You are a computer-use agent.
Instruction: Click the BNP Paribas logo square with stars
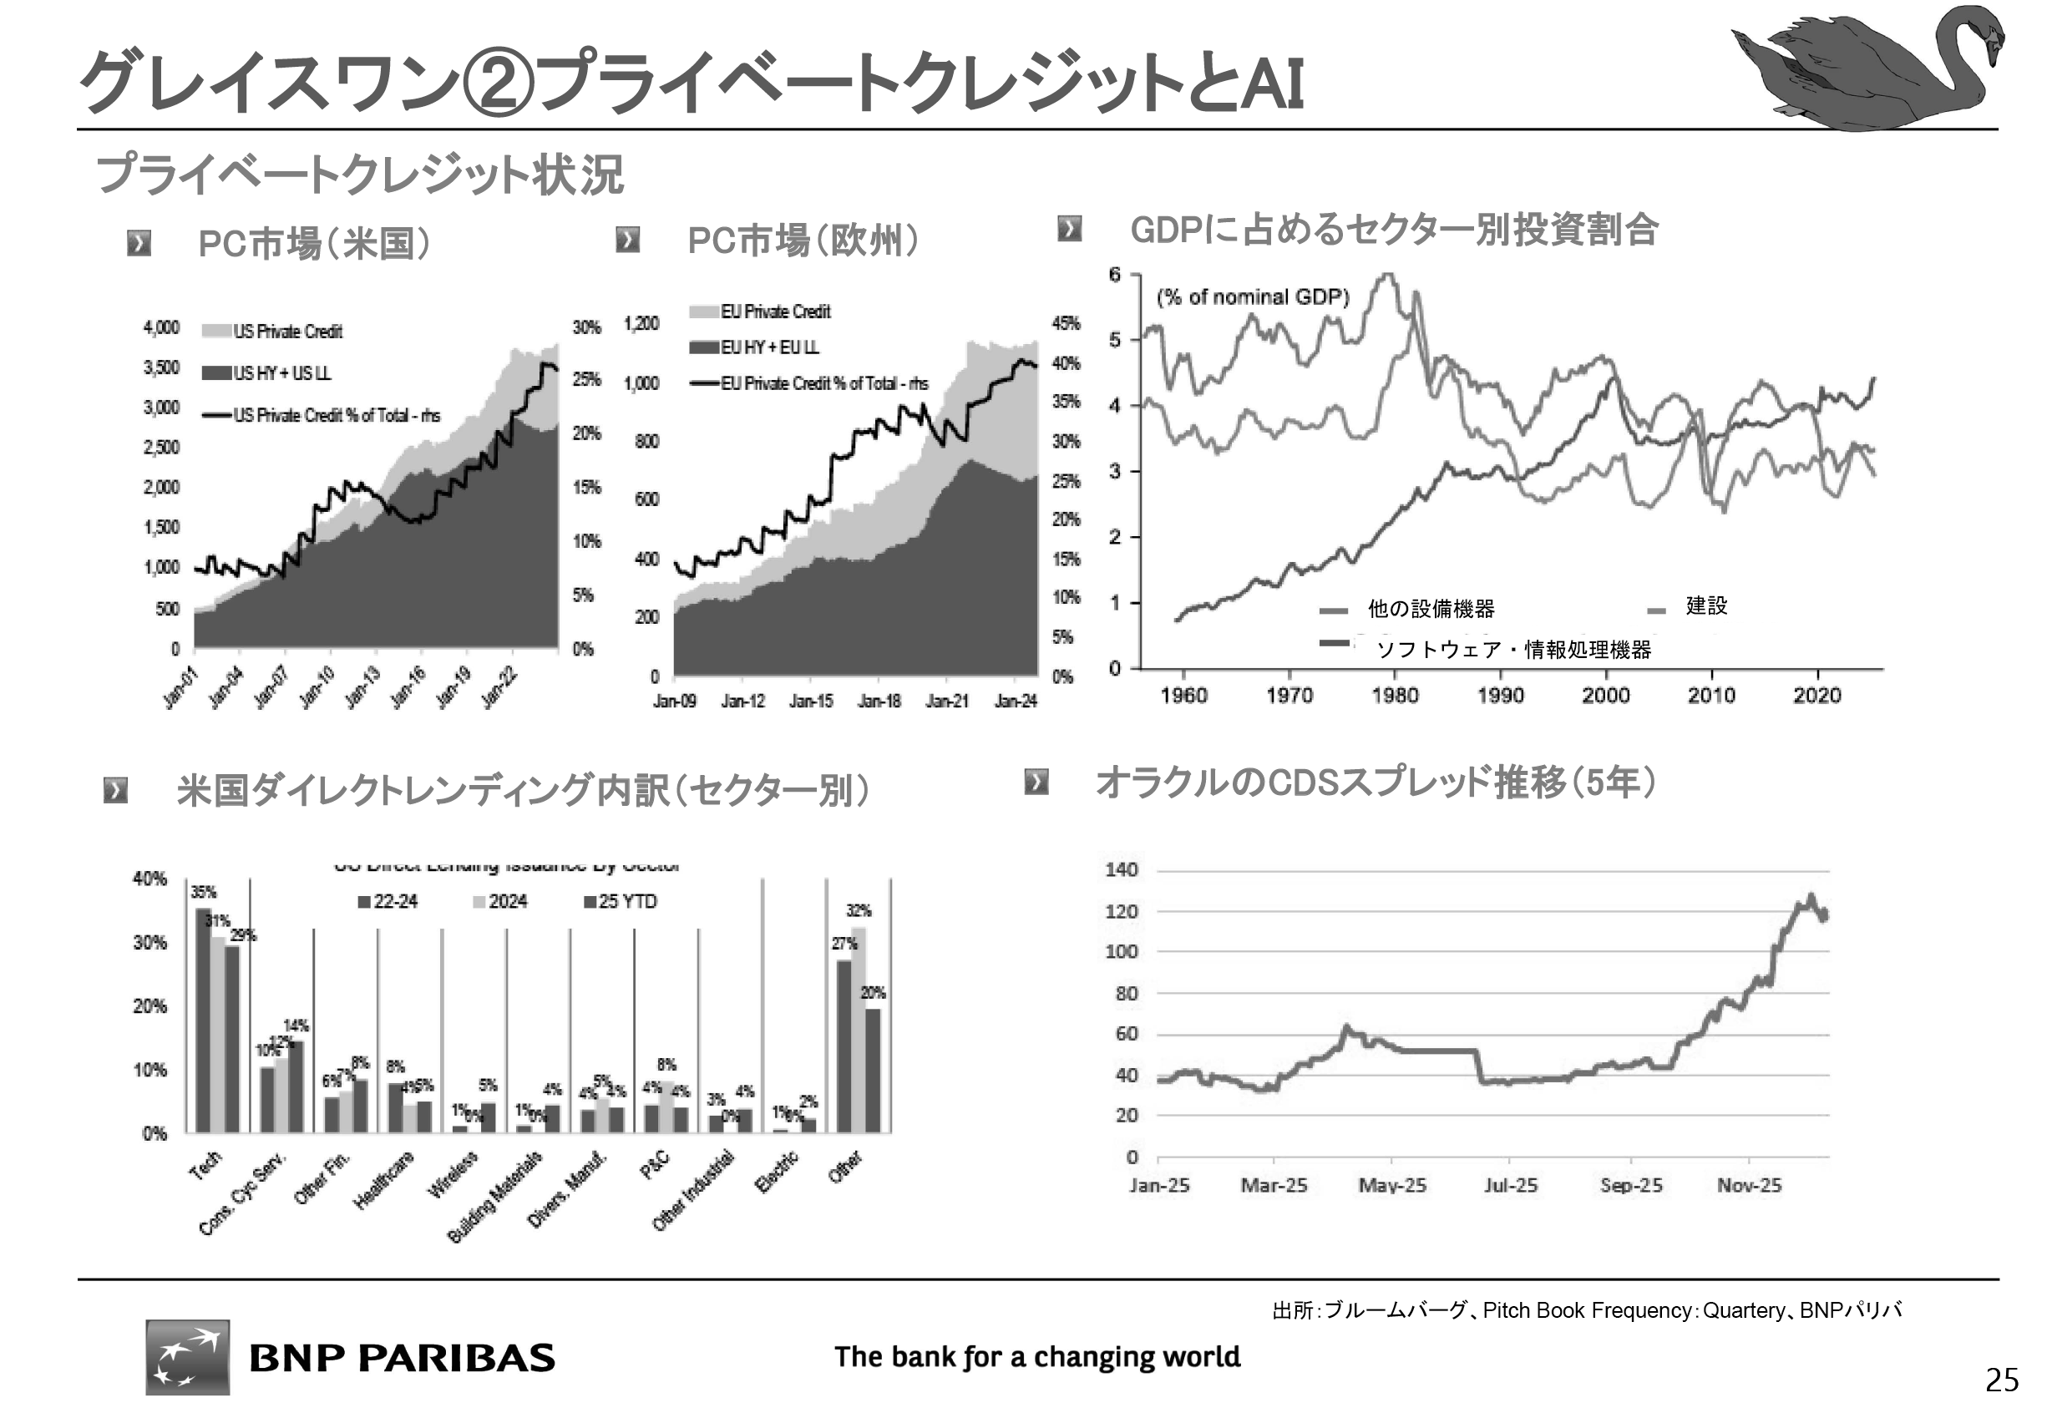tap(187, 1357)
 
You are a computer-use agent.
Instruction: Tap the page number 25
tap(2002, 1379)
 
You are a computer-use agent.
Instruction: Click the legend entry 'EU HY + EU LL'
tap(769, 347)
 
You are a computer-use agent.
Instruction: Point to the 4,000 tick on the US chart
tap(161, 328)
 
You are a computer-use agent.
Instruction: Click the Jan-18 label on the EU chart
tap(879, 701)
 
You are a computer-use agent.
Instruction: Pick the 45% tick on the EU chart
tap(1066, 323)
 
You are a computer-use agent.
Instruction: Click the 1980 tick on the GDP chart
tap(1395, 696)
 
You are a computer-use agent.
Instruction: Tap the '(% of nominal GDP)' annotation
tap(1253, 296)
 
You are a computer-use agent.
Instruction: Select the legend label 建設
tap(1706, 605)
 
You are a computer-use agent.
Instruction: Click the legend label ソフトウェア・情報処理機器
tap(1513, 651)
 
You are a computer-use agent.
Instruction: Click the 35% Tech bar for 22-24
tap(203, 1020)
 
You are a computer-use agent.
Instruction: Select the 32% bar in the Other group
tap(859, 1030)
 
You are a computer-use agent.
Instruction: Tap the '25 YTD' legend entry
tap(627, 902)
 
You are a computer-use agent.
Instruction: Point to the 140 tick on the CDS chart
tap(1122, 870)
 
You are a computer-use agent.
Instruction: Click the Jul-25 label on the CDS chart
tap(1510, 1186)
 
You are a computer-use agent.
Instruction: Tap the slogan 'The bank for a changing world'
tap(1036, 1357)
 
